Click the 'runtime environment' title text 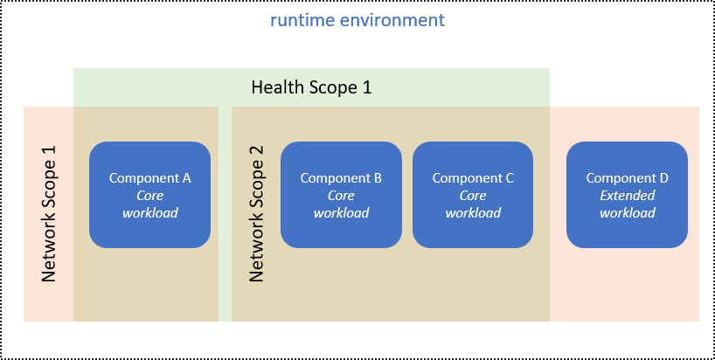point(357,19)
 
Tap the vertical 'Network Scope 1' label point(49,214)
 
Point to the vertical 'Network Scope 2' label point(256,214)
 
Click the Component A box point(149,194)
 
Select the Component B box point(341,194)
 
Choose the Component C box point(473,194)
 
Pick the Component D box point(627,194)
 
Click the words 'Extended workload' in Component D point(627,204)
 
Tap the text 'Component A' point(149,178)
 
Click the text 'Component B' point(341,178)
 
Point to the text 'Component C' point(473,178)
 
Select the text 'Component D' point(627,178)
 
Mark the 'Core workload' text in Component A point(149,204)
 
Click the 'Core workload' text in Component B point(341,204)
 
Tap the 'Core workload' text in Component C point(473,204)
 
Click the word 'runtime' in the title point(299,19)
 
